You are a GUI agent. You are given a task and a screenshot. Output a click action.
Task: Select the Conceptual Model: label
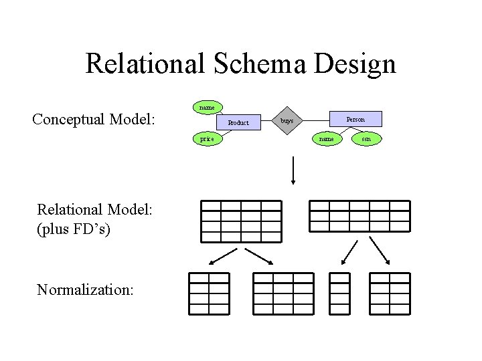pos(94,120)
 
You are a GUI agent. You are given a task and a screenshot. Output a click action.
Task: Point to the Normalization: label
pos(86,289)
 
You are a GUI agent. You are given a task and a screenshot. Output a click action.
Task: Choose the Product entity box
pos(238,123)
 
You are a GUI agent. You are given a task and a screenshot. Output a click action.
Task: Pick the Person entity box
pos(355,119)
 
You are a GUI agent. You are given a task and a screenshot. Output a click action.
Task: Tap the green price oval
pos(207,139)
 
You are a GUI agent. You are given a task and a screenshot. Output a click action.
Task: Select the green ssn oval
pos(366,139)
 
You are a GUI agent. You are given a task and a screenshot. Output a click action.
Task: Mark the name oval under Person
pos(326,139)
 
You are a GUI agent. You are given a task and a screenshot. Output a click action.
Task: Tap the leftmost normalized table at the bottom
pos(209,293)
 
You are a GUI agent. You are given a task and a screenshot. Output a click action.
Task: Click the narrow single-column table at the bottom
pos(339,293)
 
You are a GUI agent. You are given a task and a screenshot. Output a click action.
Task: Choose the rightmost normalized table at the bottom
pos(390,293)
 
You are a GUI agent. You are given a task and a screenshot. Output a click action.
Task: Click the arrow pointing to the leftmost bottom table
pos(224,257)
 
